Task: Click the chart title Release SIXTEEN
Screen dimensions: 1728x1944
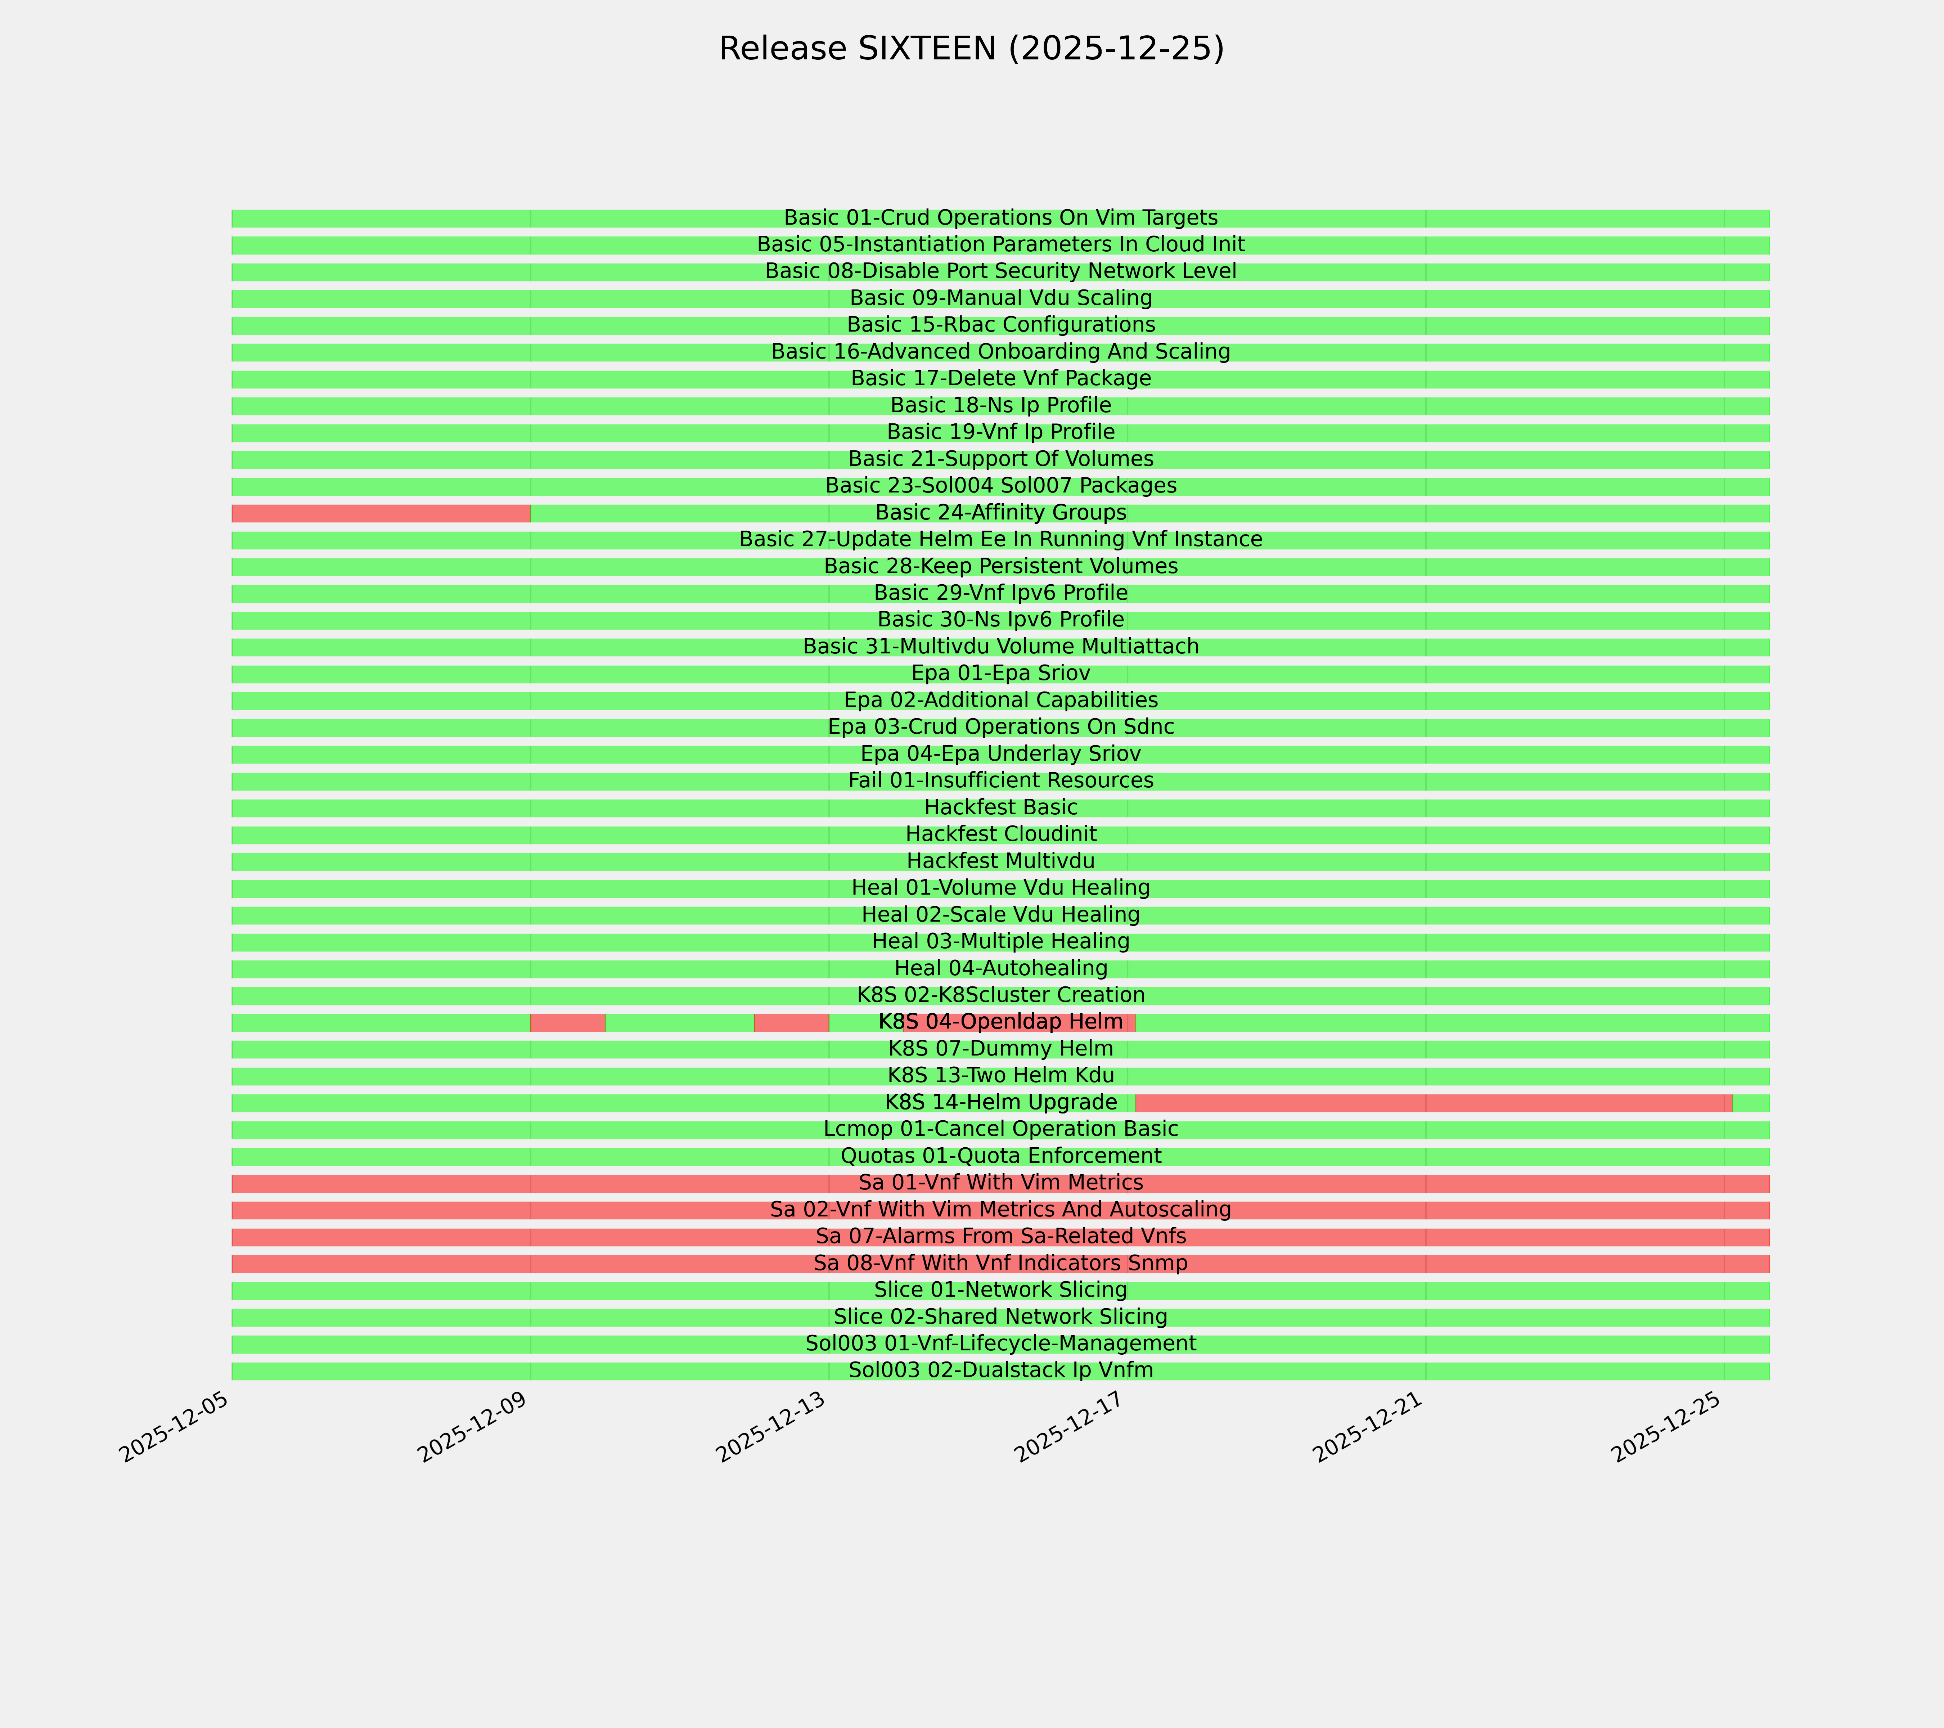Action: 971,49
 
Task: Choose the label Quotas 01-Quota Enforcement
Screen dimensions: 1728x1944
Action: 1000,1156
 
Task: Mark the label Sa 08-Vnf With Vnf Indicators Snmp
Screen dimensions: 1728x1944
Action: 1000,1264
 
